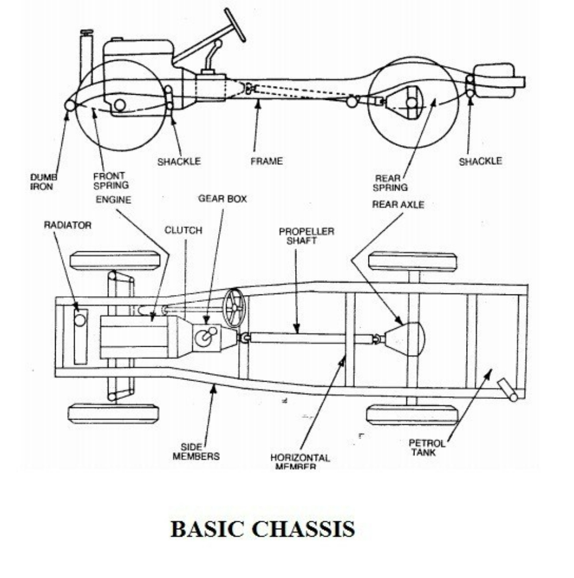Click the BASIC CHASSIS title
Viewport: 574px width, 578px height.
[x=262, y=529]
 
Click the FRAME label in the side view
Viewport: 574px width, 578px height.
[x=266, y=161]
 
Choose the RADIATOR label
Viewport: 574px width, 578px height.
[x=68, y=226]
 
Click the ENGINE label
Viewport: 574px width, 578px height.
[x=114, y=200]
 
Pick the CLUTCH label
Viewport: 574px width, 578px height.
[x=183, y=230]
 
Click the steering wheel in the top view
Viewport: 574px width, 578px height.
[x=234, y=308]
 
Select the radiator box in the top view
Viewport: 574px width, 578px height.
[x=80, y=336]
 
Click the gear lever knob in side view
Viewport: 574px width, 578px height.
[x=218, y=44]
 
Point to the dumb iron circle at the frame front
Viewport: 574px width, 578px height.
[x=70, y=106]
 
